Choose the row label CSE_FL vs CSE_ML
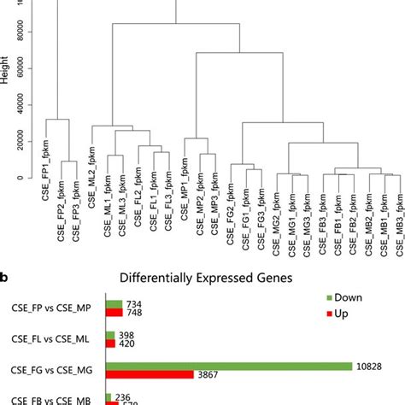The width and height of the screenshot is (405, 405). [x=53, y=339]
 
